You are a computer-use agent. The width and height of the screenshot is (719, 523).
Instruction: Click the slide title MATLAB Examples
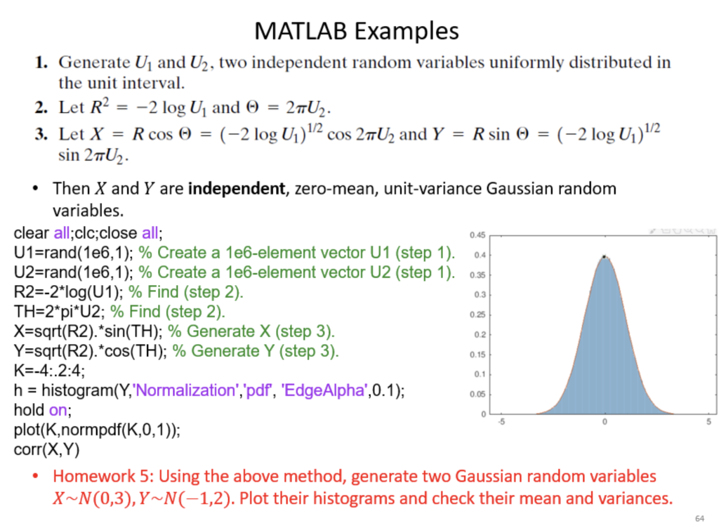tap(356, 30)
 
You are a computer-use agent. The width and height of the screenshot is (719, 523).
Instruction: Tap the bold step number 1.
tap(41, 62)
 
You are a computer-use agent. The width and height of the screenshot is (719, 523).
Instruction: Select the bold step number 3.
tap(41, 134)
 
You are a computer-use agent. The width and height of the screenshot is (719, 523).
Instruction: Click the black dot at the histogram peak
tap(605, 257)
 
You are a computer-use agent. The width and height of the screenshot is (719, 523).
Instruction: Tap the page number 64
tap(699, 517)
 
